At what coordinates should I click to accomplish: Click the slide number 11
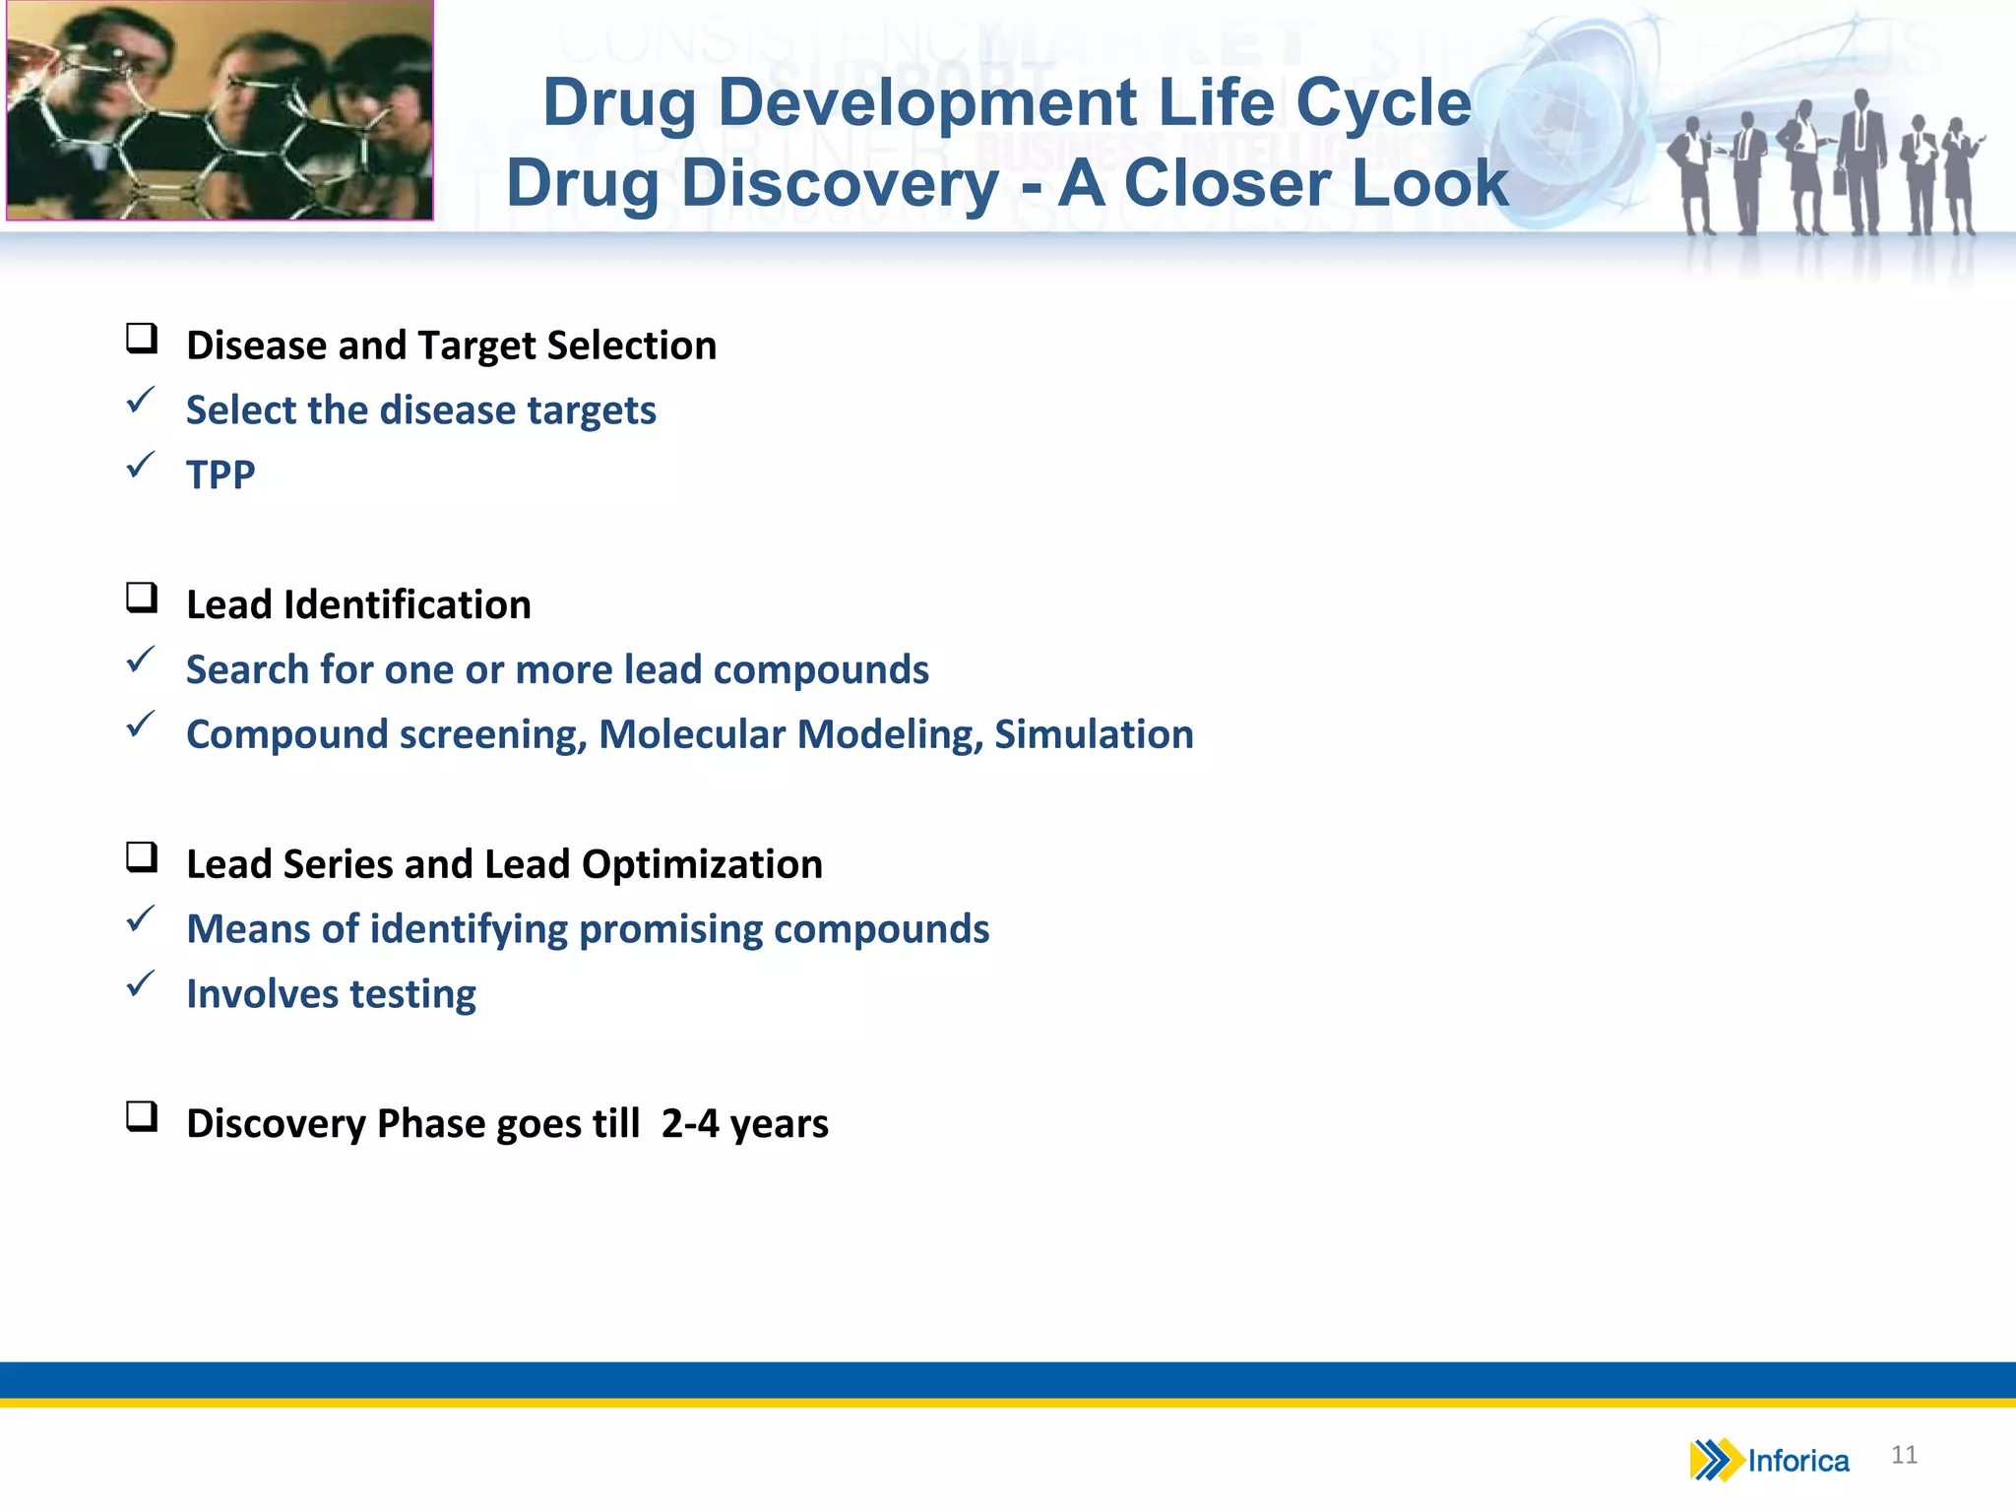click(1904, 1455)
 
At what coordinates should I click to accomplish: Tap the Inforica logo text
click(1798, 1461)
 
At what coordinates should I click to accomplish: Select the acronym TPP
click(220, 475)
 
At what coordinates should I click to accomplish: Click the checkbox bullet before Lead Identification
click(142, 598)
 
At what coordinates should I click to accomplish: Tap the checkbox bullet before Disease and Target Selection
click(142, 339)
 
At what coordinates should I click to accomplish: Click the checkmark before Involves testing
click(141, 983)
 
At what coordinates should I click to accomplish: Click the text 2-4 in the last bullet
click(690, 1124)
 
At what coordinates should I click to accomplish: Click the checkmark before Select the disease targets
click(141, 400)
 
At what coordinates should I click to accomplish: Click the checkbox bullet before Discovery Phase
click(142, 1116)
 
